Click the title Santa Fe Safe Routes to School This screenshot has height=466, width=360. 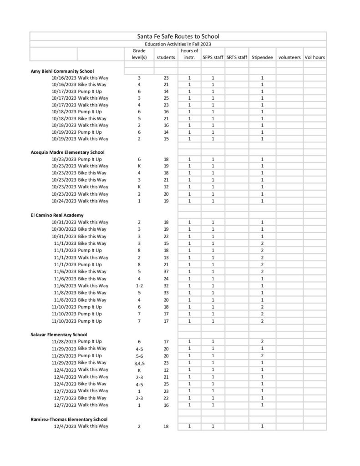coord(178,36)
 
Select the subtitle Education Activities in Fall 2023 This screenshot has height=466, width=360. coord(178,44)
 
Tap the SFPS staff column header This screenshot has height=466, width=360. coord(213,58)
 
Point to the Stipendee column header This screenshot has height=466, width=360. coord(262,58)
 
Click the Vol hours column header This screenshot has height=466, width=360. coord(314,58)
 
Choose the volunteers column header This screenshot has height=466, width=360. coord(289,58)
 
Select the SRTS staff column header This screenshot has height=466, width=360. coord(236,58)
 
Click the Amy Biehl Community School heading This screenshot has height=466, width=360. coord(62,71)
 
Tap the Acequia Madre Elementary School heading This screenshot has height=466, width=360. coord(67,152)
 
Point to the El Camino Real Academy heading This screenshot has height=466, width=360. coord(57,215)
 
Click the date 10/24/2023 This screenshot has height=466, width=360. coord(64,201)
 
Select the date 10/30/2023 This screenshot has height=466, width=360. coord(64,229)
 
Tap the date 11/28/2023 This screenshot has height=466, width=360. coord(64,341)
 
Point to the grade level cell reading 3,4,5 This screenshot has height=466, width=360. coord(139,363)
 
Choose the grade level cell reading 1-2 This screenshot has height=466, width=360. coord(139,286)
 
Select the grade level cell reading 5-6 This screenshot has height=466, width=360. coord(139,356)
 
